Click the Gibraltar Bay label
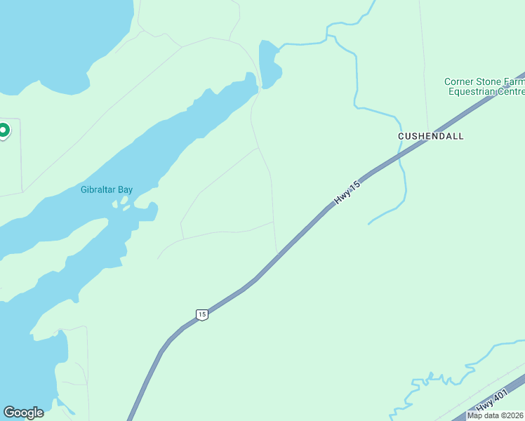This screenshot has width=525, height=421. click(107, 189)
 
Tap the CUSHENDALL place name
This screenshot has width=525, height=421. click(431, 136)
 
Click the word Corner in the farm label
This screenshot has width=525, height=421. click(459, 82)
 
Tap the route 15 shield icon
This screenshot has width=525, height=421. click(202, 314)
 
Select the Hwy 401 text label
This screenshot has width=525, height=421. click(491, 401)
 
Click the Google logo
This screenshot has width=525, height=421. click(23, 412)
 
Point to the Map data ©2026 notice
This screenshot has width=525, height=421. click(496, 415)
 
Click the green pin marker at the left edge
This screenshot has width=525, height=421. click(3, 131)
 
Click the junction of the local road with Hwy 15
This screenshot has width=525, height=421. click(278, 253)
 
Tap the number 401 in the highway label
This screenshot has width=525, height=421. click(500, 397)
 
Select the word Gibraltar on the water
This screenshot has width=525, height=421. click(98, 189)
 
